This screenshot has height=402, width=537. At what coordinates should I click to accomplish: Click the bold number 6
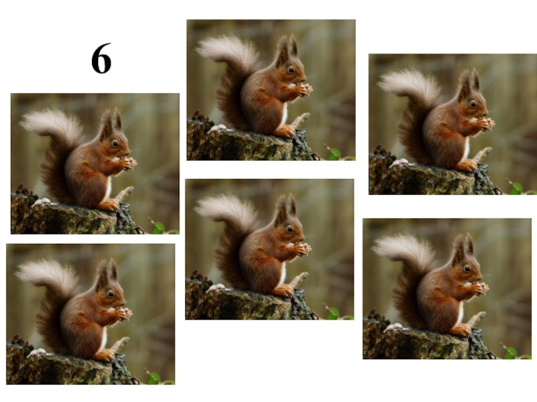coord(101,58)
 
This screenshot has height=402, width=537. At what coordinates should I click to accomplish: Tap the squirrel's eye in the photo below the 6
coord(115,143)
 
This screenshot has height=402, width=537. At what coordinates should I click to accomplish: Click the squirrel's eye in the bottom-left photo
coord(111,294)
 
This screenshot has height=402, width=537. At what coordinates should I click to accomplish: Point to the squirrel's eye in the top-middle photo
coord(291,70)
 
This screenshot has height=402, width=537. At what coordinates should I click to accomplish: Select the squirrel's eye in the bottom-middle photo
coord(290,229)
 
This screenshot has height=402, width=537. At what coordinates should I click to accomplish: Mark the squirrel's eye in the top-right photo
coord(473,105)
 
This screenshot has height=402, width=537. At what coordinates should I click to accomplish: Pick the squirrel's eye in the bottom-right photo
coord(467,269)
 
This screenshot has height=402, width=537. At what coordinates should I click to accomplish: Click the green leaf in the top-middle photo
coord(335,154)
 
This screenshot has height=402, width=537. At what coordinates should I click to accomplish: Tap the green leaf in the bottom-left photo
coord(155,378)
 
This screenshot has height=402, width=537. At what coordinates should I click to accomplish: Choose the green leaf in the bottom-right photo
coord(511,353)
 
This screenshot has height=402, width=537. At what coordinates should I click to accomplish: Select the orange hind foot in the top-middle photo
coord(285,131)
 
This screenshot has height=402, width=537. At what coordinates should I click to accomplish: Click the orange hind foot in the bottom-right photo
coord(461,330)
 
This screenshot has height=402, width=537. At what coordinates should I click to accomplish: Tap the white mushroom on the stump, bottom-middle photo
coord(215,287)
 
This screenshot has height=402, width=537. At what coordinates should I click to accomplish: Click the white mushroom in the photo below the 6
coord(42,202)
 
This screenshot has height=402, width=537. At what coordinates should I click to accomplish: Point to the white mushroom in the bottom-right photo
coord(394,327)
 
